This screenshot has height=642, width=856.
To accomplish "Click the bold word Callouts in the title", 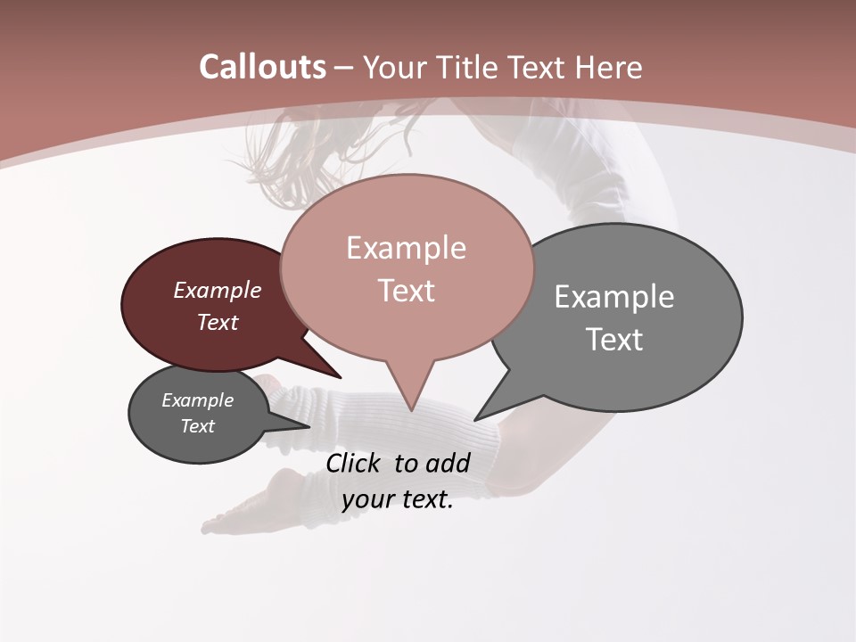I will [262, 67].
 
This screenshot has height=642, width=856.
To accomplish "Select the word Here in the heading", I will [609, 67].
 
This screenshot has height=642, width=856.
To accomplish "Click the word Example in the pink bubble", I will [407, 248].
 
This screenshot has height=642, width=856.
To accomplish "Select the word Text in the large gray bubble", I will [615, 340].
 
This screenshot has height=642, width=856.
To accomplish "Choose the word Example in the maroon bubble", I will [218, 290].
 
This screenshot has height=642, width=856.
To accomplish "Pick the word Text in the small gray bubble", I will [198, 426].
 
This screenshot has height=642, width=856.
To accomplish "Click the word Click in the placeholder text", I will [354, 463].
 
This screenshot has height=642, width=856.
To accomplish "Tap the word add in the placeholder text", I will [448, 463].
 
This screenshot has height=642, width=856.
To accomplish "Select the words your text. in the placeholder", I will [398, 500].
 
